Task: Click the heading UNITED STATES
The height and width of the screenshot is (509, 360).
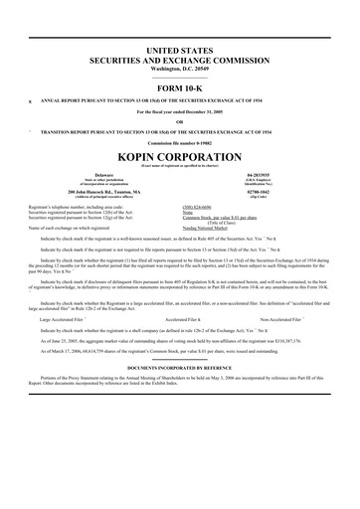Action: [180, 49]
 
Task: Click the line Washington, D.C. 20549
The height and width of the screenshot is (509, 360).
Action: [180, 68]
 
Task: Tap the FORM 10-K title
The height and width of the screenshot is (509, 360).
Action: [180, 87]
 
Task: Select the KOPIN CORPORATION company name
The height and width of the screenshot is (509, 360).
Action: [180, 157]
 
